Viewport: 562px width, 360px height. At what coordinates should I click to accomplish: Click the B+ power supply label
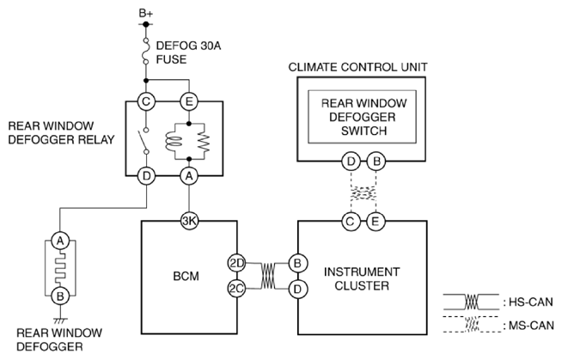tap(146, 14)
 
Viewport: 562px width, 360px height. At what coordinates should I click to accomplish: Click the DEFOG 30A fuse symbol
tap(146, 50)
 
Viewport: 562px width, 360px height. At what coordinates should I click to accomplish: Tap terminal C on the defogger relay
tap(146, 101)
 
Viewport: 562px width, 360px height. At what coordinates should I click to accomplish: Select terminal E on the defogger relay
tap(189, 101)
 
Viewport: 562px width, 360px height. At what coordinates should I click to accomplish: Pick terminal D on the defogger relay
tap(146, 176)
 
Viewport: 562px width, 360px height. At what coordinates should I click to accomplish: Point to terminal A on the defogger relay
tap(189, 176)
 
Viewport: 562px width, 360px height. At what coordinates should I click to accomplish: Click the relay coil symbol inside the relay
tap(174, 141)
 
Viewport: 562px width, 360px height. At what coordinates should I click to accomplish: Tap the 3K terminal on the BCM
tap(189, 221)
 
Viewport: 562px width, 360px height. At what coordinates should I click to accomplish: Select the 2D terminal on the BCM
tap(236, 264)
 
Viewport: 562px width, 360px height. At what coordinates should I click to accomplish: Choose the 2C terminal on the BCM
tap(236, 289)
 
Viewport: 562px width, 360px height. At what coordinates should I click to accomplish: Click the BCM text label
tap(186, 276)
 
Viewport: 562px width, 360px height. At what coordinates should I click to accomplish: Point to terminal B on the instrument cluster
tap(297, 264)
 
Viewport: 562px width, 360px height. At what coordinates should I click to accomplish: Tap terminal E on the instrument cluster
tap(376, 222)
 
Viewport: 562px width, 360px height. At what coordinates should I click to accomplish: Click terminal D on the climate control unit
tap(351, 162)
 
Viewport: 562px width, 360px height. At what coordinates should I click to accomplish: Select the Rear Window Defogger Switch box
tap(363, 117)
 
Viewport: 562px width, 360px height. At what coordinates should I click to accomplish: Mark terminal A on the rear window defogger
tap(60, 241)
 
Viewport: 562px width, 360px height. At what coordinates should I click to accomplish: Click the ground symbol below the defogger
tap(60, 320)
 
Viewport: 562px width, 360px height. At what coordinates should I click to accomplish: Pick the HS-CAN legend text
tap(528, 302)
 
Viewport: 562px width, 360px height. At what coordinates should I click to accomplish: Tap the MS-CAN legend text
tap(528, 326)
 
